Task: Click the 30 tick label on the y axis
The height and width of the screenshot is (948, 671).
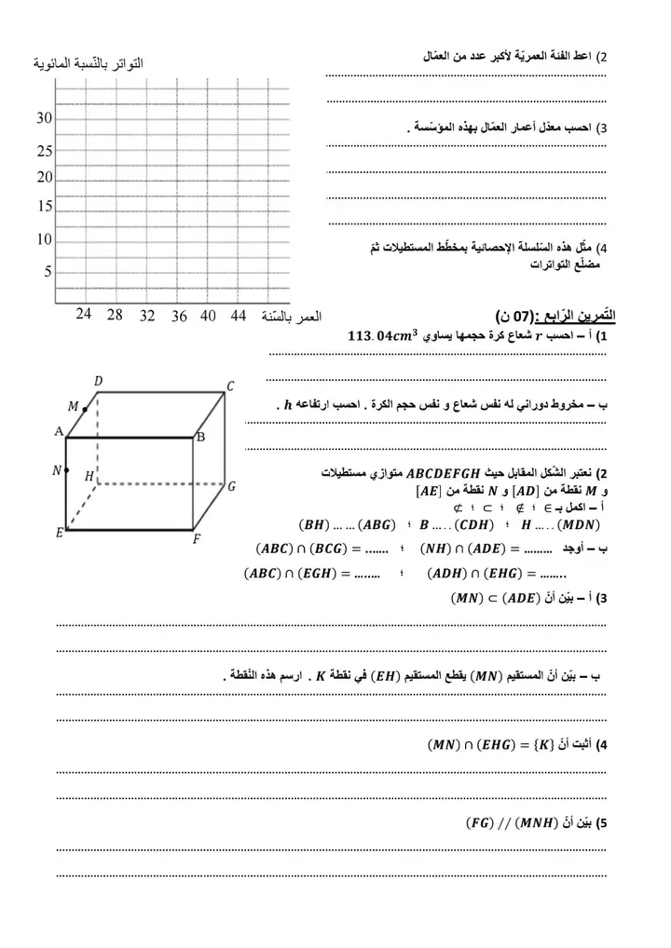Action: point(44,118)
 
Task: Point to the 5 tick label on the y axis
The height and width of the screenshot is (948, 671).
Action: point(48,272)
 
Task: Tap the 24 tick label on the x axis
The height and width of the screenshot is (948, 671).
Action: point(83,315)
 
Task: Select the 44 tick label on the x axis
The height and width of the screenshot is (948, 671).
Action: point(239,316)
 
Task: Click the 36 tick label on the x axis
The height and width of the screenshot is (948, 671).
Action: point(179,316)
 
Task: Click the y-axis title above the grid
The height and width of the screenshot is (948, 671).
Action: point(89,64)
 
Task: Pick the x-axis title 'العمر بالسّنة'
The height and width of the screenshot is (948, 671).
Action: point(293,317)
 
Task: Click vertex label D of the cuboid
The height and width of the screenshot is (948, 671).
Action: point(98,380)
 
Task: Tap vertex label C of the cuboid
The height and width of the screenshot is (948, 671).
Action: point(230,386)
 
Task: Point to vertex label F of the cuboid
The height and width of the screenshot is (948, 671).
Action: point(197,539)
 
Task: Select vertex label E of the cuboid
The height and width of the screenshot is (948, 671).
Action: point(59,533)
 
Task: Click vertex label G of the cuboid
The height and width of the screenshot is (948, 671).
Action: point(230,486)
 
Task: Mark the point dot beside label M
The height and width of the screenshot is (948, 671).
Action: point(85,408)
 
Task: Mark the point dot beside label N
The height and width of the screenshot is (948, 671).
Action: point(67,470)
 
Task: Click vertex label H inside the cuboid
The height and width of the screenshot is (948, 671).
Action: point(89,476)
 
